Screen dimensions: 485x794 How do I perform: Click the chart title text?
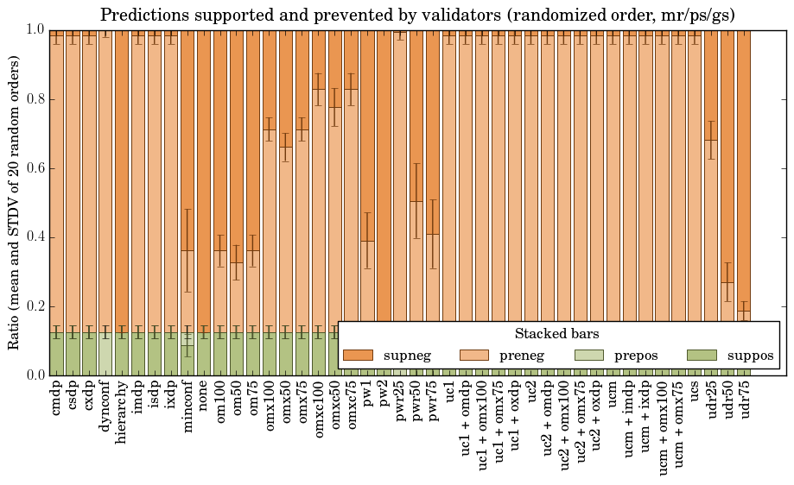coord(417,15)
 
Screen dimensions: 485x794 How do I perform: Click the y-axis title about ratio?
coord(15,202)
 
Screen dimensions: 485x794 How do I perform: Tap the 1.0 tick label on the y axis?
coord(35,30)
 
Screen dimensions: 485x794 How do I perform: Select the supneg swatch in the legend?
coord(358,356)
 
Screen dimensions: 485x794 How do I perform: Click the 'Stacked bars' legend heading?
coord(557,334)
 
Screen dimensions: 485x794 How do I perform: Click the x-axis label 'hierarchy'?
coord(121,407)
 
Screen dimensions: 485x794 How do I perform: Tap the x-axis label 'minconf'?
coord(187,405)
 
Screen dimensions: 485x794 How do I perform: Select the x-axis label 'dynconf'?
coord(105,404)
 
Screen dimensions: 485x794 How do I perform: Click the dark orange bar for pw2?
coord(384,173)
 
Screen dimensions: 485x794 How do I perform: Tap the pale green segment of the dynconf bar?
coord(105,354)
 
